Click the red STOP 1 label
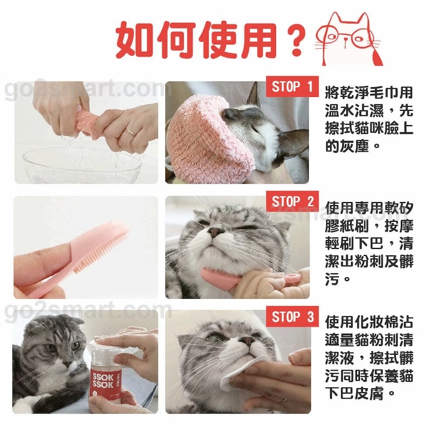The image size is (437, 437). pyautogui.click(x=292, y=87)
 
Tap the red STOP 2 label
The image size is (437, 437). pyautogui.click(x=292, y=202)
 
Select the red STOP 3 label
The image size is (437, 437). pyautogui.click(x=292, y=317)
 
